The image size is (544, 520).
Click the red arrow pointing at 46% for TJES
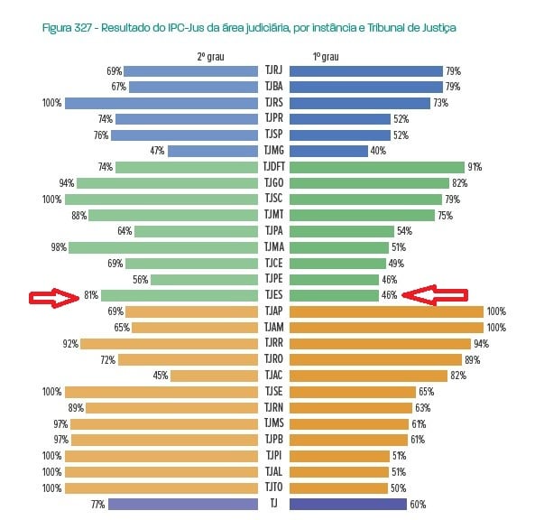[x=435, y=294]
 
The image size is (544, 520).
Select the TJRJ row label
[x=273, y=70]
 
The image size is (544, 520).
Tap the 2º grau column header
[x=209, y=56]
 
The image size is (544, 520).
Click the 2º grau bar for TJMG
[x=213, y=151]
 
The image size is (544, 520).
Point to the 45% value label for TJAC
[x=160, y=376]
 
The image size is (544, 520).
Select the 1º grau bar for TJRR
[x=380, y=343]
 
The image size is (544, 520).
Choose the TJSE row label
[x=273, y=392]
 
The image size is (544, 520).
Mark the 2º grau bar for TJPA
[x=197, y=231]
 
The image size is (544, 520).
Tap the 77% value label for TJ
[x=98, y=504]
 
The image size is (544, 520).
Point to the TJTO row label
[x=273, y=488]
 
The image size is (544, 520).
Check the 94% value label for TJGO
[x=66, y=183]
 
